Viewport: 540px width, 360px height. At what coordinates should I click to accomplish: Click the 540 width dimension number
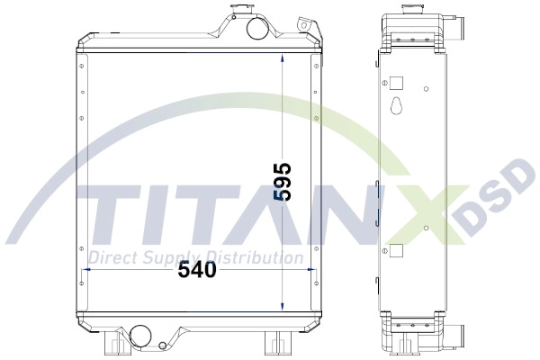197,270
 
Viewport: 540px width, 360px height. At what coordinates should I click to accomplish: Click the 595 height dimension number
283,181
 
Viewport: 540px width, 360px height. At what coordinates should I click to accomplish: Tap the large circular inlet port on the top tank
256,28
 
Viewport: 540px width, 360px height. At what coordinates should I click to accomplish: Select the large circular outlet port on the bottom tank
139,336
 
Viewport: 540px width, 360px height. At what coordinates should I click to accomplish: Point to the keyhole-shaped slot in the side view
397,105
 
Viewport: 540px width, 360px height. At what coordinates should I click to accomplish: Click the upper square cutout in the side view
396,83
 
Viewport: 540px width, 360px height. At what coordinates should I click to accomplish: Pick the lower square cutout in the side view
396,250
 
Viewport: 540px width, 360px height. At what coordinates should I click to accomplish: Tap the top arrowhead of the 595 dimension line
283,58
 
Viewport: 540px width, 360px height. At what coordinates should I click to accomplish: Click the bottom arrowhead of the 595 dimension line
283,306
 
